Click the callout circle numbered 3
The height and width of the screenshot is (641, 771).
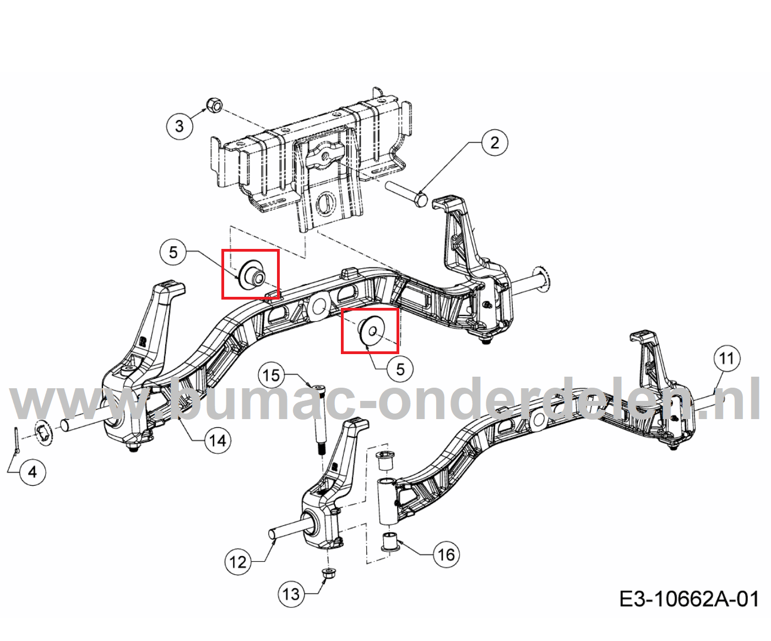pyautogui.click(x=180, y=126)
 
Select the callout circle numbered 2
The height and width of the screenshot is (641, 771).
pyautogui.click(x=495, y=142)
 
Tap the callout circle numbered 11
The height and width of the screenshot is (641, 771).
pyautogui.click(x=726, y=358)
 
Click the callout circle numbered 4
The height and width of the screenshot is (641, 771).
pyautogui.click(x=32, y=472)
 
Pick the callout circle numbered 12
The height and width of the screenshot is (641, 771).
pyautogui.click(x=238, y=562)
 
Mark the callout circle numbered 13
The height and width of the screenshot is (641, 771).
pyautogui.click(x=291, y=594)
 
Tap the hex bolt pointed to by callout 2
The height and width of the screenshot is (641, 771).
pyautogui.click(x=407, y=194)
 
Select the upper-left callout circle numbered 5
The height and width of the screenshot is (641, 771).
pyautogui.click(x=173, y=252)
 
